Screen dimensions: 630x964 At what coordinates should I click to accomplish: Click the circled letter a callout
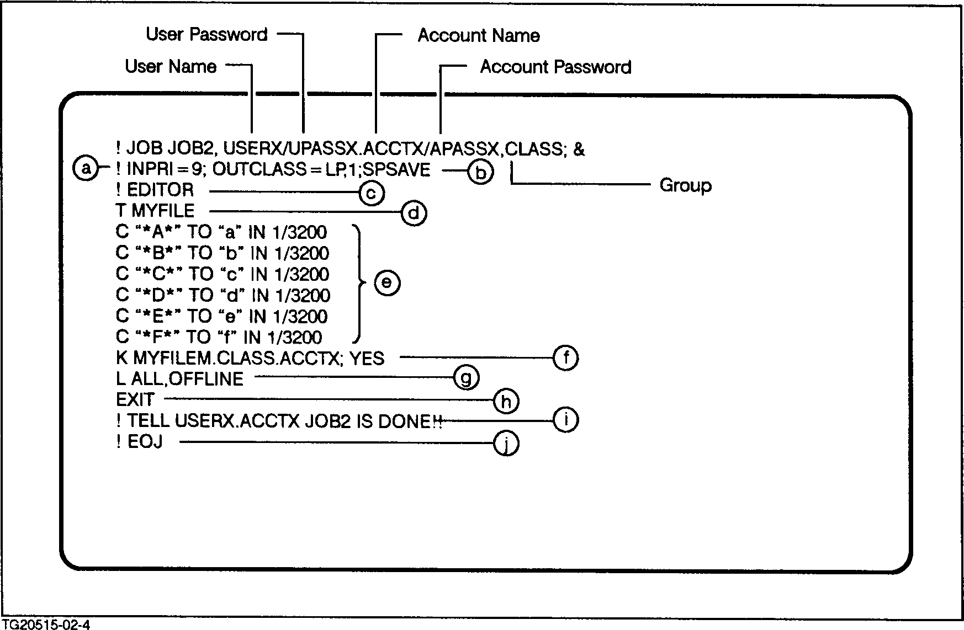85,168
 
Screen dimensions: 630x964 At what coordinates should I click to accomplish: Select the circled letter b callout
480,172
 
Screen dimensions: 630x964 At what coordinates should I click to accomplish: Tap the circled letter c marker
371,193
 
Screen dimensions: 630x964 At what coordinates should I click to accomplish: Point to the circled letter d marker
414,213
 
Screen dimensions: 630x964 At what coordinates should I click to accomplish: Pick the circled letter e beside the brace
386,282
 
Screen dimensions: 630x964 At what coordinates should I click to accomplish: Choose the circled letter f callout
565,358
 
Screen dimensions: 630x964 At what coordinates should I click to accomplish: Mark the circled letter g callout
465,378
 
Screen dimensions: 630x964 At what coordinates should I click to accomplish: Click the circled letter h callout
506,400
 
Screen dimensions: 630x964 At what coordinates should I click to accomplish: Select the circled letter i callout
565,420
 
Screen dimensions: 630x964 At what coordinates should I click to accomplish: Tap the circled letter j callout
506,443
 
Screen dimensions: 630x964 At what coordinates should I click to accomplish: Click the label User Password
206,34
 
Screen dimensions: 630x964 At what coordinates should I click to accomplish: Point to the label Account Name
478,36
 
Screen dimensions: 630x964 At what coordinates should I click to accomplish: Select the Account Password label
555,67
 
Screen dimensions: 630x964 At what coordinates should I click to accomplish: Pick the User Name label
171,66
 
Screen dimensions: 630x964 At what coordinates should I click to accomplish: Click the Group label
685,185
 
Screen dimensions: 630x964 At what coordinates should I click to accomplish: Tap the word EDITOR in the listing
160,190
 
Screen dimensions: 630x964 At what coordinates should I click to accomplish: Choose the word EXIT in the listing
135,399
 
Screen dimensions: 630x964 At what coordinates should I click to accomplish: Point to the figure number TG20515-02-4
45,624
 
